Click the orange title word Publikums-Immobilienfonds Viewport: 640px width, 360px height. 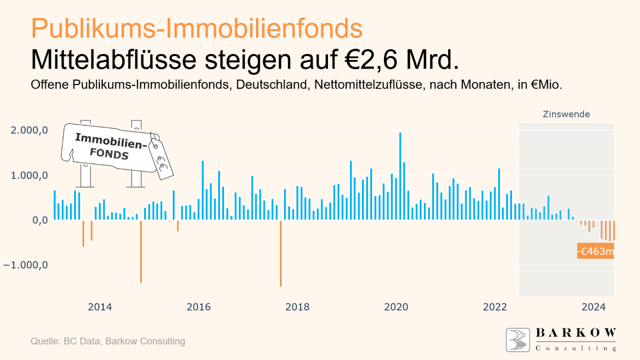click(x=196, y=28)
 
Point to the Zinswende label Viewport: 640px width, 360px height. click(x=566, y=114)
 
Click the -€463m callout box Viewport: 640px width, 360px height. click(x=595, y=251)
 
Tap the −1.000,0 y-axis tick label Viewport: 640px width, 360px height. click(x=26, y=265)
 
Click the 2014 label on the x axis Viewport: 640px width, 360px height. click(x=100, y=306)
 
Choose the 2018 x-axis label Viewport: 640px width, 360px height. click(x=297, y=306)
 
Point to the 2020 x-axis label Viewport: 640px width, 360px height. click(x=396, y=306)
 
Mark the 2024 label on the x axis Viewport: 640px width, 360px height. click(x=594, y=306)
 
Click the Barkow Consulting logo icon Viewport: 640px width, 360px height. click(x=517, y=340)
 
